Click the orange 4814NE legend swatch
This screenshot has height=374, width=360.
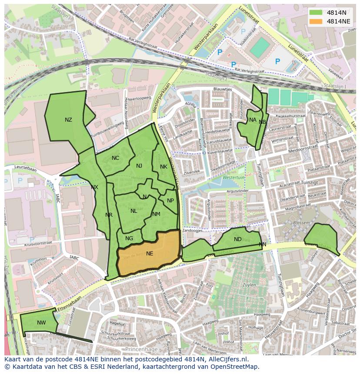pos(316,21)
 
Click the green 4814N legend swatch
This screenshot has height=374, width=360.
pos(316,12)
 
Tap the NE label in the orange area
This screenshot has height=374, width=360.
pos(150,254)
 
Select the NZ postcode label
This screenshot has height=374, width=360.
pos(68,120)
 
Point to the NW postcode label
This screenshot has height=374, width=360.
pos(41,323)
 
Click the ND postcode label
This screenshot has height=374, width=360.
pos(237,239)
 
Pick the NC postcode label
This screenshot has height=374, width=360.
pos(115,158)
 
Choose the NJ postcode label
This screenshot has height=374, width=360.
pos(139,166)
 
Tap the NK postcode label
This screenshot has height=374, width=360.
pos(163,167)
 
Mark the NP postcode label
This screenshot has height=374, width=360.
pos(170,201)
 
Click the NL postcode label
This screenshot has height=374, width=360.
pos(133,211)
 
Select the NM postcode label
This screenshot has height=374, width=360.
pos(156,214)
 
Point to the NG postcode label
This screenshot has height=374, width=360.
pos(129,238)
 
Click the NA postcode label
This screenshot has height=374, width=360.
pos(253,120)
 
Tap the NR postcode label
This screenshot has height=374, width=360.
pos(109,215)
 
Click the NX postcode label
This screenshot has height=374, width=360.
pos(94,187)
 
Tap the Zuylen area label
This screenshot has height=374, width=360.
pos(249,285)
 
